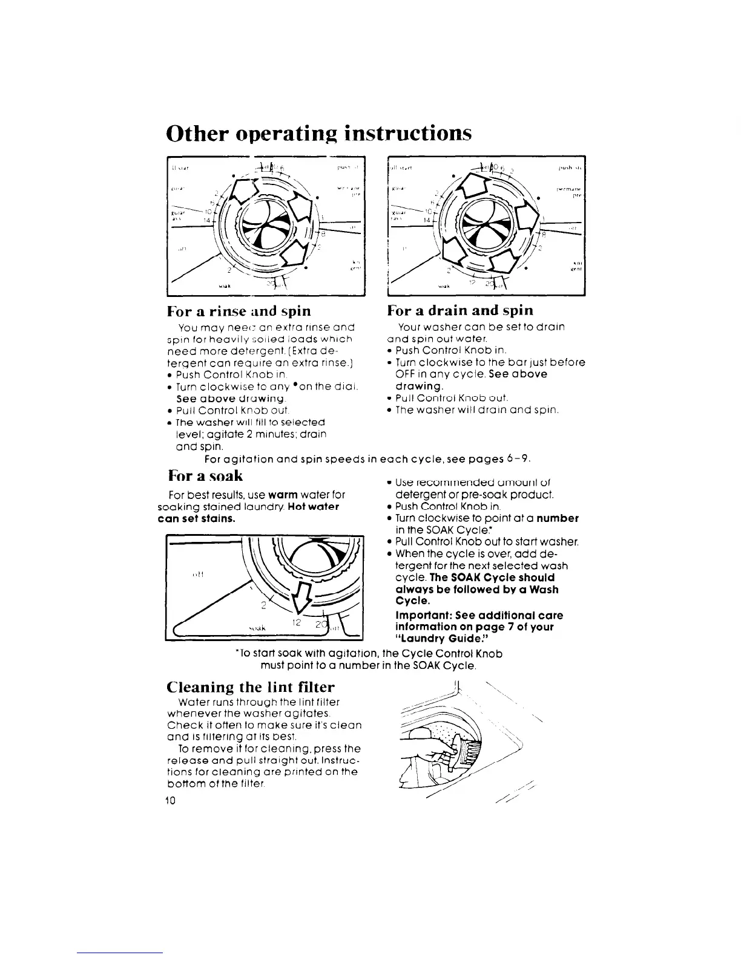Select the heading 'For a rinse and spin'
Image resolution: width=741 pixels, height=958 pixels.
(x=239, y=311)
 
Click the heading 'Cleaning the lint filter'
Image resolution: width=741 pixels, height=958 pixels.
(x=250, y=688)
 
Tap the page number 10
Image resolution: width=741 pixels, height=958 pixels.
(x=170, y=801)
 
